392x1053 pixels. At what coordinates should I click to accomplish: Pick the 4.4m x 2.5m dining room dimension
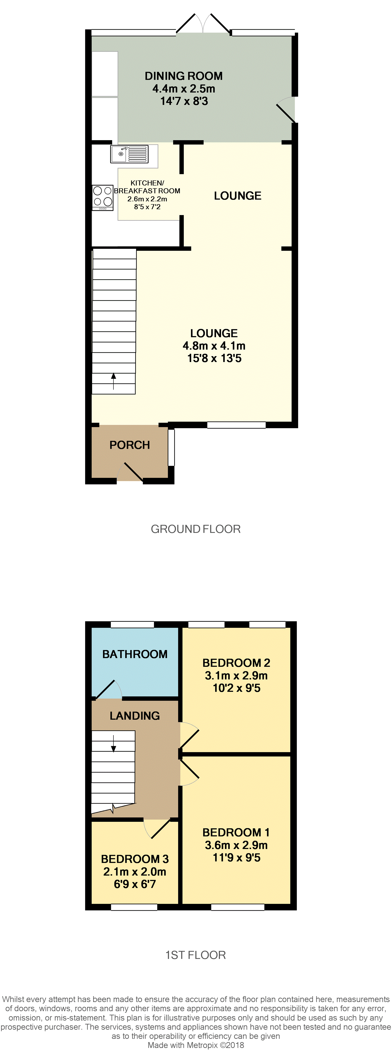[184, 89]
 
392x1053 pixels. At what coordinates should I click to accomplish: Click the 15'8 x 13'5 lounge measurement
[214, 359]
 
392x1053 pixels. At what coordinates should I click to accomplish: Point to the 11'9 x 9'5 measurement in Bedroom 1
[236, 858]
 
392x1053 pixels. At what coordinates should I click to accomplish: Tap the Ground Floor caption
[196, 529]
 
